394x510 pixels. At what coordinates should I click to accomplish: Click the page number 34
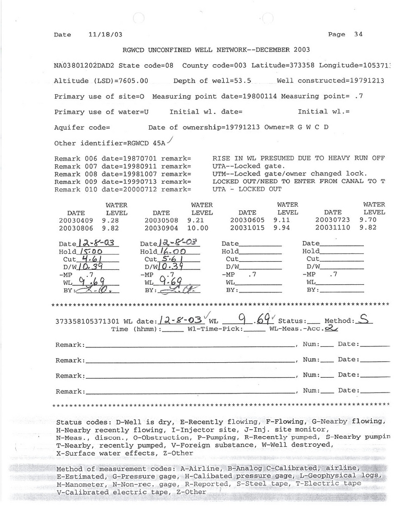[x=358, y=34]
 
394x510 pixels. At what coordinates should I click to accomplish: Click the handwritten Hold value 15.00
[x=90, y=252]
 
